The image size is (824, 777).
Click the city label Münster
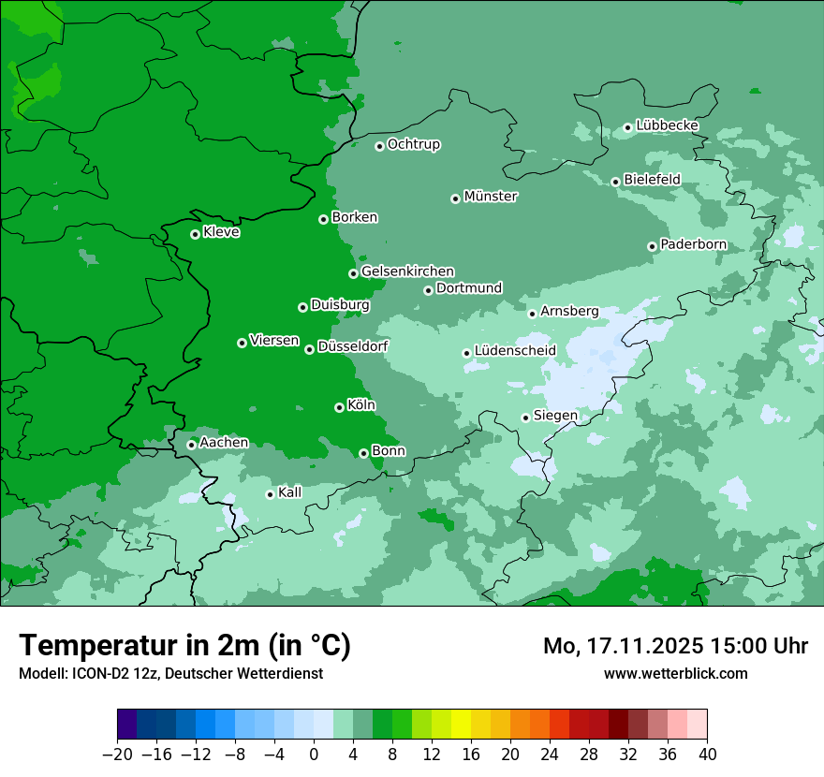point(491,197)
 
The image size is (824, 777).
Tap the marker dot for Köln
point(339,407)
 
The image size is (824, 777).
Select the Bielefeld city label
point(652,179)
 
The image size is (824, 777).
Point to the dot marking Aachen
point(191,445)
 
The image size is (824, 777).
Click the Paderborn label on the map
point(693,244)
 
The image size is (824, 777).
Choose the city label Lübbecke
point(667,125)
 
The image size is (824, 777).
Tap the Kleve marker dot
point(195,234)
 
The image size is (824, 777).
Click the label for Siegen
point(555,416)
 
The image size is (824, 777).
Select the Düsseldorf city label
point(353,346)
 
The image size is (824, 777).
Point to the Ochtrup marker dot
point(379,146)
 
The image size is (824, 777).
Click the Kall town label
point(290,492)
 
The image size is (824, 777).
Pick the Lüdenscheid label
point(515,351)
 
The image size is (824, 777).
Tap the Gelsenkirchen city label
point(407,271)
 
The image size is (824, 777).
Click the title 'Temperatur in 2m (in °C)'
point(184,646)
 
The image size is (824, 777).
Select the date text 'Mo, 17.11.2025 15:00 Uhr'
point(675,646)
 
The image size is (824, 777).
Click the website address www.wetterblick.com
point(675,673)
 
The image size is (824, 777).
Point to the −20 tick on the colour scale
point(117,755)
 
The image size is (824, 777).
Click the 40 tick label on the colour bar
point(707,755)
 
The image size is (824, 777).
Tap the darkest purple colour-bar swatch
point(127,725)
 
